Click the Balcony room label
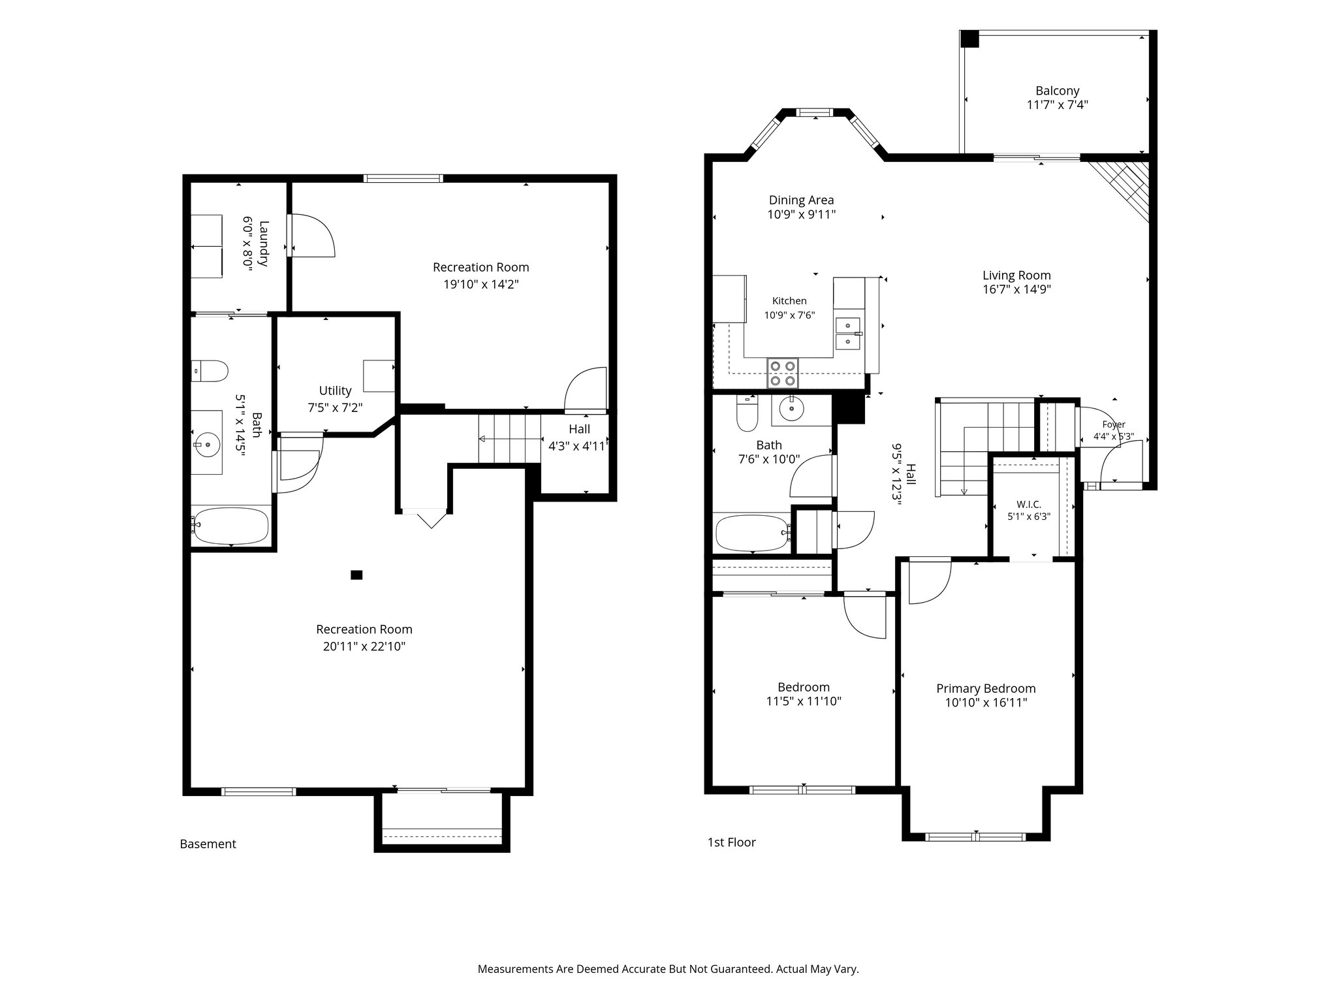1057,91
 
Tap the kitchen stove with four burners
783,374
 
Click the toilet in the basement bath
209,371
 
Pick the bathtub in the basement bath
231,526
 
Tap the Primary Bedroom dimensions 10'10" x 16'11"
986,703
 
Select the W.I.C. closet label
1028,504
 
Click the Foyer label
1114,424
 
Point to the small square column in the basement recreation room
356,575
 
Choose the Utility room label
335,390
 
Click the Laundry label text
264,244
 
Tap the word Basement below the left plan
208,844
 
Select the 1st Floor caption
732,842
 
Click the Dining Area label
801,200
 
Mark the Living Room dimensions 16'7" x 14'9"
1016,290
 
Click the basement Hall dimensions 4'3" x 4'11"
579,447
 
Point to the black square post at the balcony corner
969,39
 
